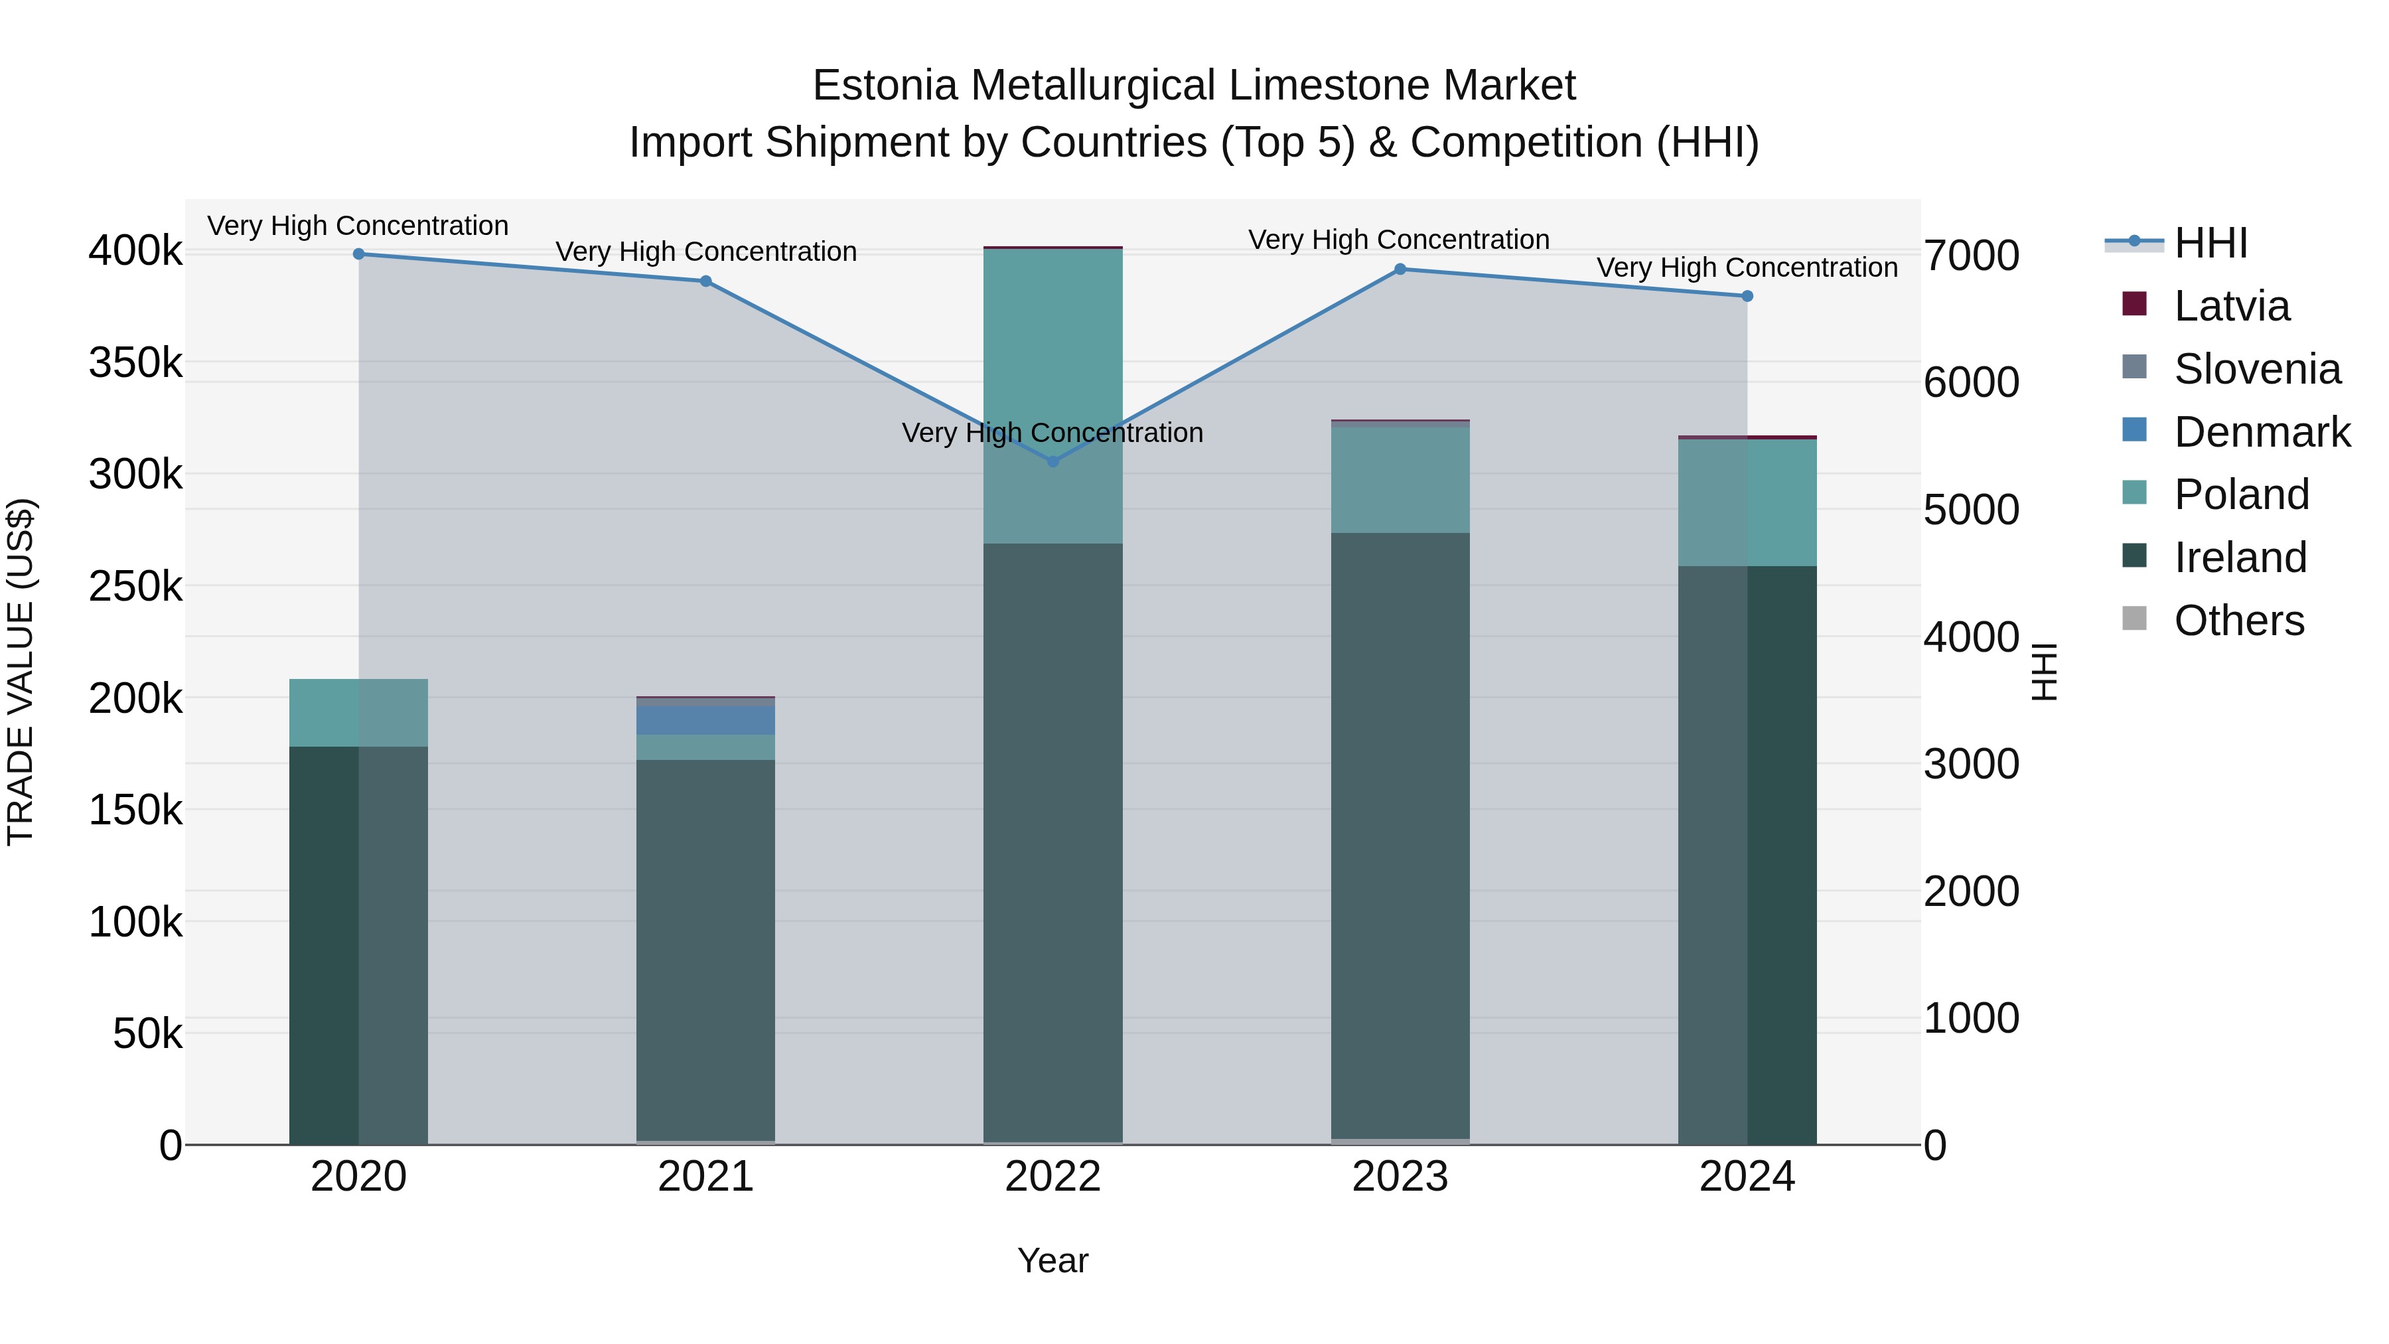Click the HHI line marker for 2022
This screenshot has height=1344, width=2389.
(x=1052, y=461)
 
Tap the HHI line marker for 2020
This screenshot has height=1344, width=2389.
(x=359, y=254)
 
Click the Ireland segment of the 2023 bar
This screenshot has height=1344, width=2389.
(x=1400, y=835)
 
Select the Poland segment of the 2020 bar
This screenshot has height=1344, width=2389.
(x=359, y=712)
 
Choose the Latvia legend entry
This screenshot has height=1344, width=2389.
(x=2230, y=306)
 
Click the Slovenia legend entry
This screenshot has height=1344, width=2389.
(x=2256, y=369)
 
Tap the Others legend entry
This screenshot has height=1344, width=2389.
(x=2238, y=621)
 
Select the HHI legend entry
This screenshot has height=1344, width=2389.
(x=2210, y=243)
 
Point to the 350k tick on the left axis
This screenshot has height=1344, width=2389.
(x=135, y=362)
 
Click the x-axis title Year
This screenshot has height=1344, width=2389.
(x=1052, y=1260)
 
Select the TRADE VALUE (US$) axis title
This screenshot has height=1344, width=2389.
(x=21, y=672)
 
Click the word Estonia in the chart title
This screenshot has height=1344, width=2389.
(x=884, y=86)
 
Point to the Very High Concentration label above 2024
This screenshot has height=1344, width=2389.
(x=1747, y=267)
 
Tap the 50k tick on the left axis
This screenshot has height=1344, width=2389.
(x=147, y=1033)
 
